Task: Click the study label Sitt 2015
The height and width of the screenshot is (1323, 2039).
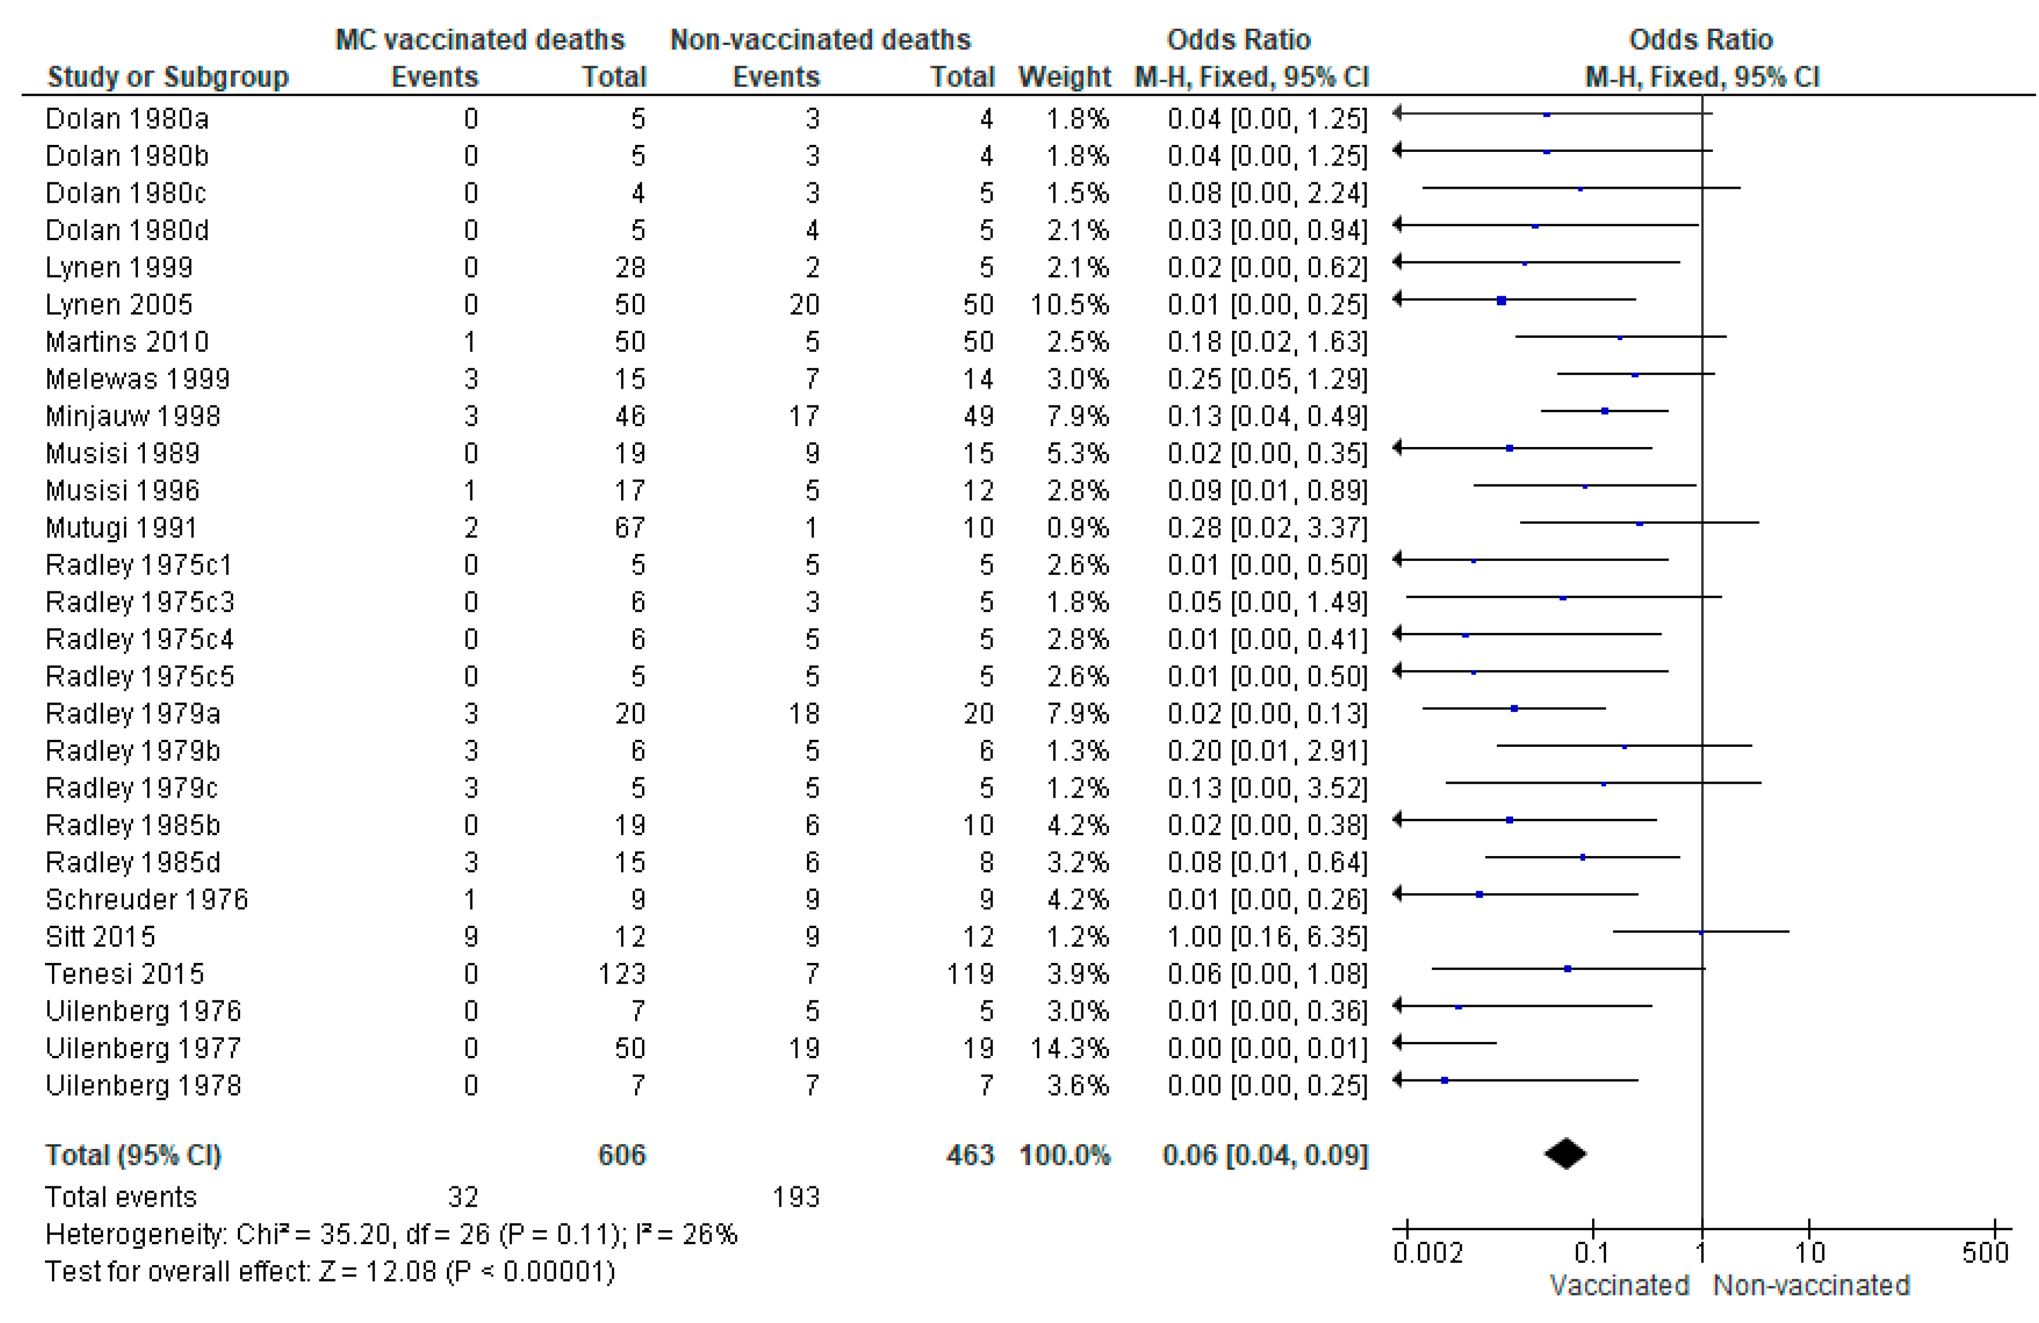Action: [100, 937]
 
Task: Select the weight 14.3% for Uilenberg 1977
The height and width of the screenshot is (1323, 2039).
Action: [1069, 1048]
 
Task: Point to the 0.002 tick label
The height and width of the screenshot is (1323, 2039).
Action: [1427, 1253]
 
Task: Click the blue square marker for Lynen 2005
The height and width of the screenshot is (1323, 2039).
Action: [1501, 301]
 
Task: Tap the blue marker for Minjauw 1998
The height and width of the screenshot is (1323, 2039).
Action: [1605, 411]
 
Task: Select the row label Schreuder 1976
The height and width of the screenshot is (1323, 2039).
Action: [147, 900]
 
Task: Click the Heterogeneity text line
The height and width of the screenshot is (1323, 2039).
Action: [391, 1234]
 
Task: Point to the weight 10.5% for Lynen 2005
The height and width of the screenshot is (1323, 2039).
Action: [1069, 305]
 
